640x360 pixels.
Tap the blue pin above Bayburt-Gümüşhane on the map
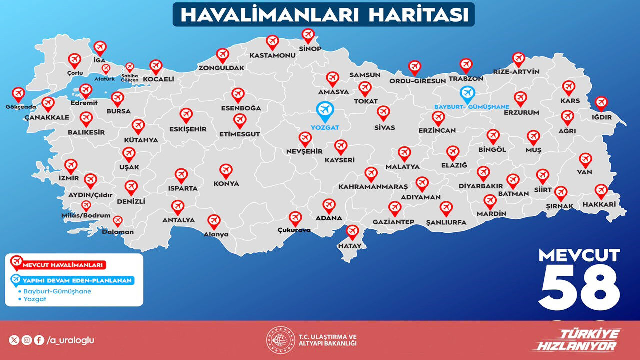pos(467,93)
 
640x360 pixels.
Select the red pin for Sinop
pos(308,35)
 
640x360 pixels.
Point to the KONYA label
pos(226,183)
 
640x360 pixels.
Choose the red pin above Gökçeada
pos(18,94)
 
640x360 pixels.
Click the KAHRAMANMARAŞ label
pos(373,186)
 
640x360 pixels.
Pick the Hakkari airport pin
pos(601,191)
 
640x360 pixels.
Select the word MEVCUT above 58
pos(579,255)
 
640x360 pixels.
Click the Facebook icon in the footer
pos(39,340)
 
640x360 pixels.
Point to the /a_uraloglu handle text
pos(70,340)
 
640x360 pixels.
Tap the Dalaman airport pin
pos(118,220)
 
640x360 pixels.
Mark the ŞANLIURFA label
pos(446,222)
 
